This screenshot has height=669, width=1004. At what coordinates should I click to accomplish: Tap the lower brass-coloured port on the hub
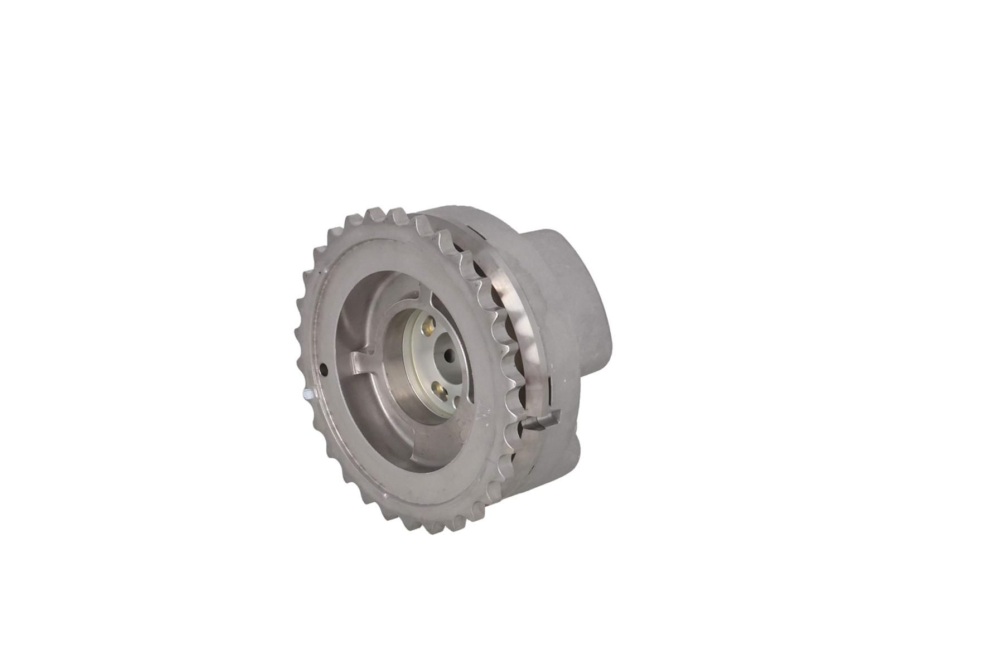click(x=440, y=389)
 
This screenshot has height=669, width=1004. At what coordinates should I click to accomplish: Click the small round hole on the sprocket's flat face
click(x=325, y=368)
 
